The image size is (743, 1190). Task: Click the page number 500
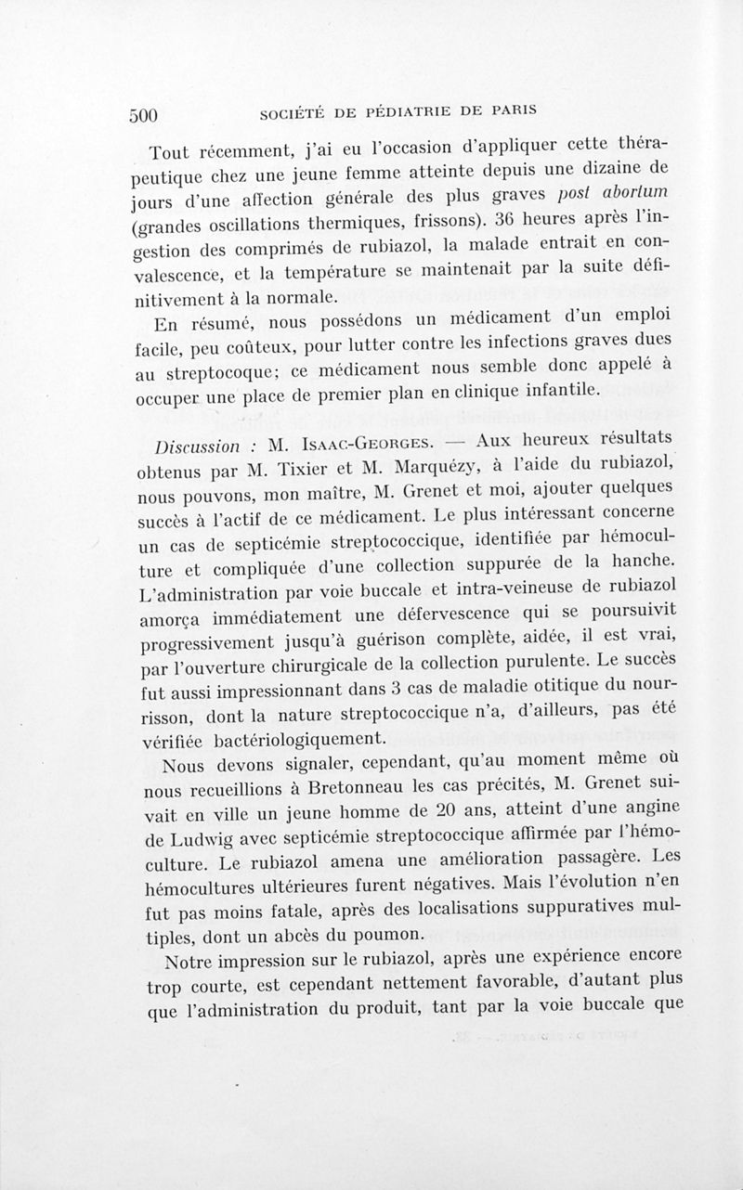click(145, 115)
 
